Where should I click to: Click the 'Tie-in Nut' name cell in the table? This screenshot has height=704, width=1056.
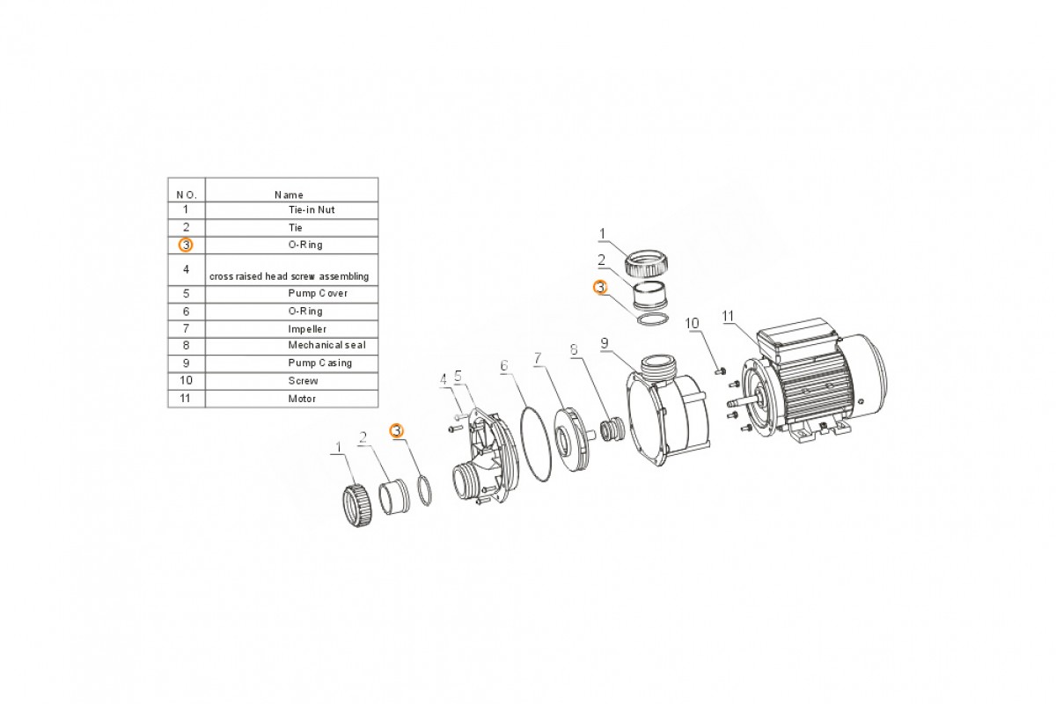pos(312,209)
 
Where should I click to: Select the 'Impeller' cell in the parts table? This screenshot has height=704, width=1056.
pos(307,329)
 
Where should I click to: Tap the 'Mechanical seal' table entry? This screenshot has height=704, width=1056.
pos(326,345)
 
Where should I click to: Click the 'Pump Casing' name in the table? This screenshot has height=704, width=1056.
pos(320,363)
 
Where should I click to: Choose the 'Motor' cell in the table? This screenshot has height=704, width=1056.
pos(302,399)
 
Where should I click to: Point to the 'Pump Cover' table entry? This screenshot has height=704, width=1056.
pos(318,293)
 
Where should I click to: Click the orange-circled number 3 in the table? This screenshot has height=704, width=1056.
pos(186,246)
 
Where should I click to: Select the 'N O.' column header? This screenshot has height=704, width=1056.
pos(187,195)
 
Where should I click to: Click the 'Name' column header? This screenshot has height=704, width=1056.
pos(289,195)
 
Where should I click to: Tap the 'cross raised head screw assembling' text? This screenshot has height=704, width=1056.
pos(289,277)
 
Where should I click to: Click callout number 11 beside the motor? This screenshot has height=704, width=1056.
pos(728,317)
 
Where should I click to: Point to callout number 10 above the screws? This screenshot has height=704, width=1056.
pos(692,324)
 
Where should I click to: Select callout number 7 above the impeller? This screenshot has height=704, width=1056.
pos(538,358)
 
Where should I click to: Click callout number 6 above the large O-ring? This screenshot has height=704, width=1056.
pos(504,365)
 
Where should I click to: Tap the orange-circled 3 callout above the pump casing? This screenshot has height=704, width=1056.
pos(600,287)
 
